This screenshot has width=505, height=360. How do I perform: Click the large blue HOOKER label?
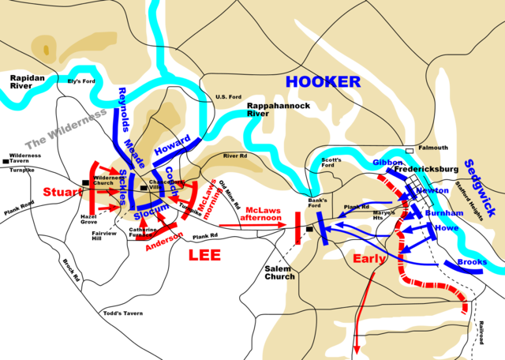coord(323,81)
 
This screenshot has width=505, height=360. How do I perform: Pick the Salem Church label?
coord(279,272)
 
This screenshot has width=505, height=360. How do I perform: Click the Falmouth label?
coord(432,148)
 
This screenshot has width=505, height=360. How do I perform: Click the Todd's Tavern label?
coord(123,313)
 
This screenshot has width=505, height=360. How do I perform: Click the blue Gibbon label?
coord(389,162)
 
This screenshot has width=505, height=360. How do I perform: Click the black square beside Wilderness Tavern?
coord(6,162)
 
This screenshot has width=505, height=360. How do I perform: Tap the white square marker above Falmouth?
coord(410,150)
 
